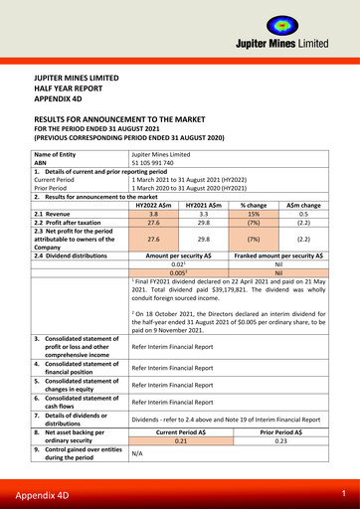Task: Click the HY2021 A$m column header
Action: click(203, 204)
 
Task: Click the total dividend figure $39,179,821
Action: click(228, 288)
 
